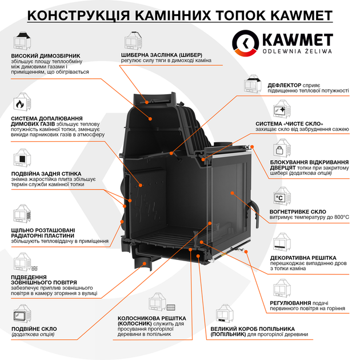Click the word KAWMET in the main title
click(302, 15)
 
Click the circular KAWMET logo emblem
click(245, 43)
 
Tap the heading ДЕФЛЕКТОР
click(284, 85)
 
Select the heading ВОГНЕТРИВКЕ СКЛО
click(298, 211)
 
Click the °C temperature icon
click(279, 198)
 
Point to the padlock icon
click(279, 150)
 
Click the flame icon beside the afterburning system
click(19, 104)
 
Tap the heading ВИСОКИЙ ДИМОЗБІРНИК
click(46, 56)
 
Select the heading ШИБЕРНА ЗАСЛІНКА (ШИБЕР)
click(162, 55)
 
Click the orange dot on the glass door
click(232, 193)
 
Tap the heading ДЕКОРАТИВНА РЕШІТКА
click(303, 258)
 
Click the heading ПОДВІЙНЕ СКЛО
click(34, 329)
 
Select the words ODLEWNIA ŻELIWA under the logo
click(297, 51)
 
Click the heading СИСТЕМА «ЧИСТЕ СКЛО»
click(289, 124)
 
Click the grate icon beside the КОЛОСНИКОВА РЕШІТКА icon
click(171, 307)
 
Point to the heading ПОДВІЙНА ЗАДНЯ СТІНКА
click(46, 174)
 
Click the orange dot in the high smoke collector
click(150, 119)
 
